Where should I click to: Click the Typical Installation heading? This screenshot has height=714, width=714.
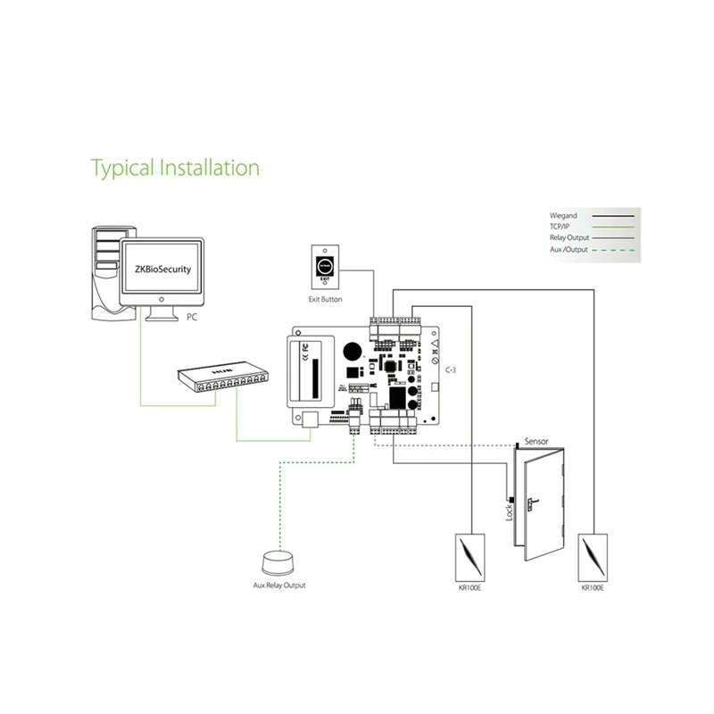[x=176, y=167]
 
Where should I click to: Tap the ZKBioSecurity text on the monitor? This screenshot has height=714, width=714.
[x=161, y=267]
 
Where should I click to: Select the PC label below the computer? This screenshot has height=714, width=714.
[x=193, y=317]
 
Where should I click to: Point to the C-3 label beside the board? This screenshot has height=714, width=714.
[x=439, y=368]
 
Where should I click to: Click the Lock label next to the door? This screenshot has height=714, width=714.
[x=510, y=512]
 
